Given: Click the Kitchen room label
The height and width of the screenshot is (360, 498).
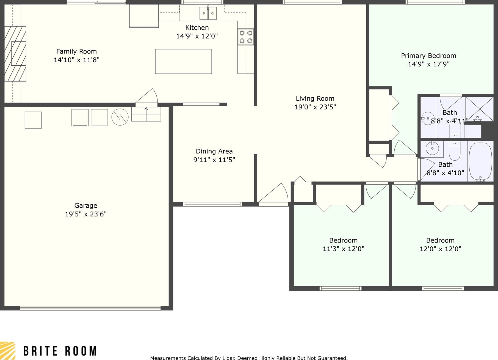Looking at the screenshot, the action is coord(197,28).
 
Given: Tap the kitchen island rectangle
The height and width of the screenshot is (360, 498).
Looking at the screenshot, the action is coord(183,61).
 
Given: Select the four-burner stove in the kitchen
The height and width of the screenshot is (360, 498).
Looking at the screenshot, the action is coord(246,37).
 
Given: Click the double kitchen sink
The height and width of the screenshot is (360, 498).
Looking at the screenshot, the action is coord(208,13).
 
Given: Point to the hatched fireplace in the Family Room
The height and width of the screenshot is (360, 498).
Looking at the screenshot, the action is coord(15,54).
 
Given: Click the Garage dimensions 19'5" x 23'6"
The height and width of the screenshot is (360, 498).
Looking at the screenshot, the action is coord(86,214).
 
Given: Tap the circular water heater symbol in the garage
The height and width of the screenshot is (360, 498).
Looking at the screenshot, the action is coord(120,117).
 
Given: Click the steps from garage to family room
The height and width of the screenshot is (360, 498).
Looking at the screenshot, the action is coord(146,114).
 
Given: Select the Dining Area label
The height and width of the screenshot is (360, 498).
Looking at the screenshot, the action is coord(214,151).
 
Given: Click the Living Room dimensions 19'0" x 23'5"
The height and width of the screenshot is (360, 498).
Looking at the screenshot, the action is coord(315,107).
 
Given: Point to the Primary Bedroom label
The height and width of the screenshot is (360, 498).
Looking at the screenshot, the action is coord(428,56).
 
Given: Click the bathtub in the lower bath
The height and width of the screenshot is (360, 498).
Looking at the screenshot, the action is coord(480,162).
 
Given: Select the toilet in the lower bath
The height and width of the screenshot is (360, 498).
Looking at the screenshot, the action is coord(455,151).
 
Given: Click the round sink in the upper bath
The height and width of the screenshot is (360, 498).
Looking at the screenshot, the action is coord(428,119).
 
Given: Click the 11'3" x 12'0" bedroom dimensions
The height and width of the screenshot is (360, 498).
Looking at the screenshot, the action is coord(343,249).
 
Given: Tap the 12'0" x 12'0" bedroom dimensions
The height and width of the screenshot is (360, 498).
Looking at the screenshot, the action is coord(440,249).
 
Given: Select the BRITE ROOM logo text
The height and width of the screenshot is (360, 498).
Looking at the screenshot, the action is coord(60,351).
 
